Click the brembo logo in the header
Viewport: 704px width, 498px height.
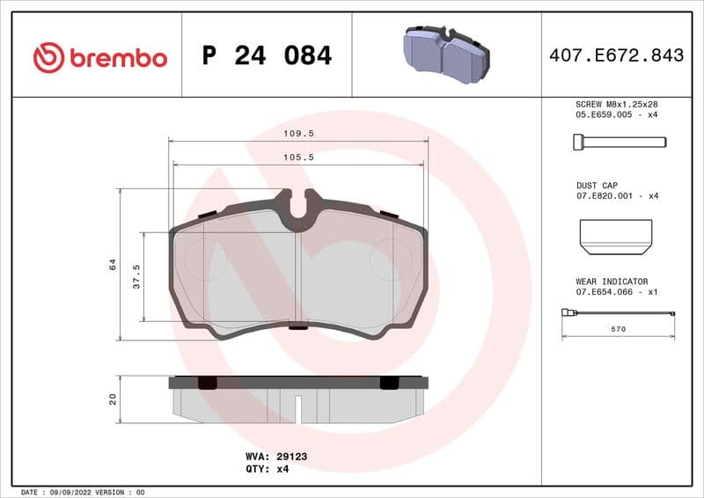pyautogui.click(x=99, y=58)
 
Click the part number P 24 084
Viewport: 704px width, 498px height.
pyautogui.click(x=267, y=56)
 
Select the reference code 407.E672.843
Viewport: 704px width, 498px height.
pyautogui.click(x=615, y=56)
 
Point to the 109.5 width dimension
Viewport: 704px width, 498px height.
pyautogui.click(x=298, y=134)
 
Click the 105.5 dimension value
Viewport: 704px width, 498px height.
pyautogui.click(x=298, y=157)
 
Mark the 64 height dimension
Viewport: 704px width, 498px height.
pyautogui.click(x=113, y=264)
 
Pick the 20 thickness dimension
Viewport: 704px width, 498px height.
pyautogui.click(x=113, y=399)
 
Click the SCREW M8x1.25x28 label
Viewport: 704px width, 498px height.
pyautogui.click(x=616, y=104)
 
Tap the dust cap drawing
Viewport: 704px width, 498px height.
pyautogui.click(x=616, y=233)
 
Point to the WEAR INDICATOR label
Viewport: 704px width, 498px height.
pyautogui.click(x=612, y=282)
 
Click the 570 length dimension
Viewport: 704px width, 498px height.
pyautogui.click(x=618, y=329)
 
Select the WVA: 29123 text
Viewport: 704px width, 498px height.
pyautogui.click(x=275, y=458)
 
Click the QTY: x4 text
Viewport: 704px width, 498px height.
pyautogui.click(x=267, y=469)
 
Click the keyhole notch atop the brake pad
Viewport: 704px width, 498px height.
pyautogui.click(x=298, y=205)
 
